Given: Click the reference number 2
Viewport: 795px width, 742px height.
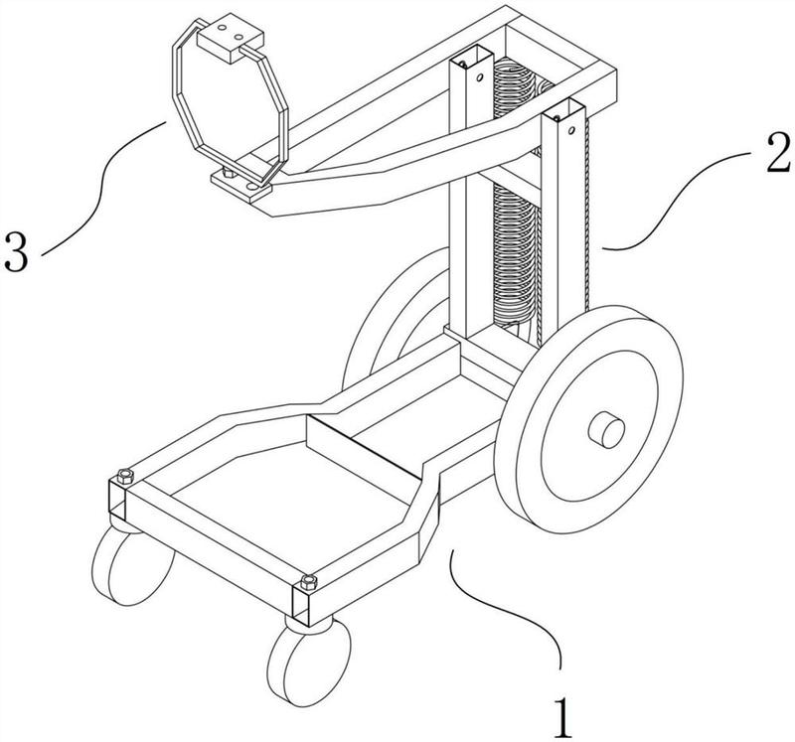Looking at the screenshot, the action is (778, 152).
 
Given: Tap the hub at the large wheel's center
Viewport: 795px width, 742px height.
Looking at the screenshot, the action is (606, 430).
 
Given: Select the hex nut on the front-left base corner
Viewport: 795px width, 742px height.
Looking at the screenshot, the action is (125, 476).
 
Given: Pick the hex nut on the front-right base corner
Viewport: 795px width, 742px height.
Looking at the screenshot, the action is (309, 582).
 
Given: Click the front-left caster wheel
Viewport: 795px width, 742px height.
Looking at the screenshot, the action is (133, 565).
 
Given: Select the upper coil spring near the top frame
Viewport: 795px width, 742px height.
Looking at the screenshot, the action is (514, 87).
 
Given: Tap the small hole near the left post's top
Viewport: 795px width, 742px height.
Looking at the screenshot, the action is (479, 78).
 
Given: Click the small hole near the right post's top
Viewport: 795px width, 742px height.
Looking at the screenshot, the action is (570, 131).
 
